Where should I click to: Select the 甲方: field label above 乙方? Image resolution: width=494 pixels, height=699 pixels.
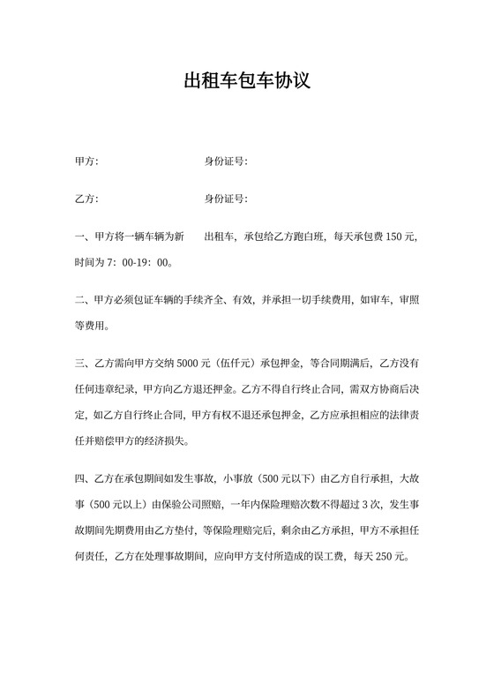coord(86,162)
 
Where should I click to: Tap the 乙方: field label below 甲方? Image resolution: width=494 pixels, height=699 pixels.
coord(86,199)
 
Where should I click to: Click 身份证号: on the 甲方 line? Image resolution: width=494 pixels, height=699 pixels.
coord(226,162)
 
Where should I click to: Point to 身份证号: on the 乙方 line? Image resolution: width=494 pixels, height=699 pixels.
coord(226,199)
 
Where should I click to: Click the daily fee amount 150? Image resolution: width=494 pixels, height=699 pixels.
coord(395,237)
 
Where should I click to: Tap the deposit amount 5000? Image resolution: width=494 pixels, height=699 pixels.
coord(191,363)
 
